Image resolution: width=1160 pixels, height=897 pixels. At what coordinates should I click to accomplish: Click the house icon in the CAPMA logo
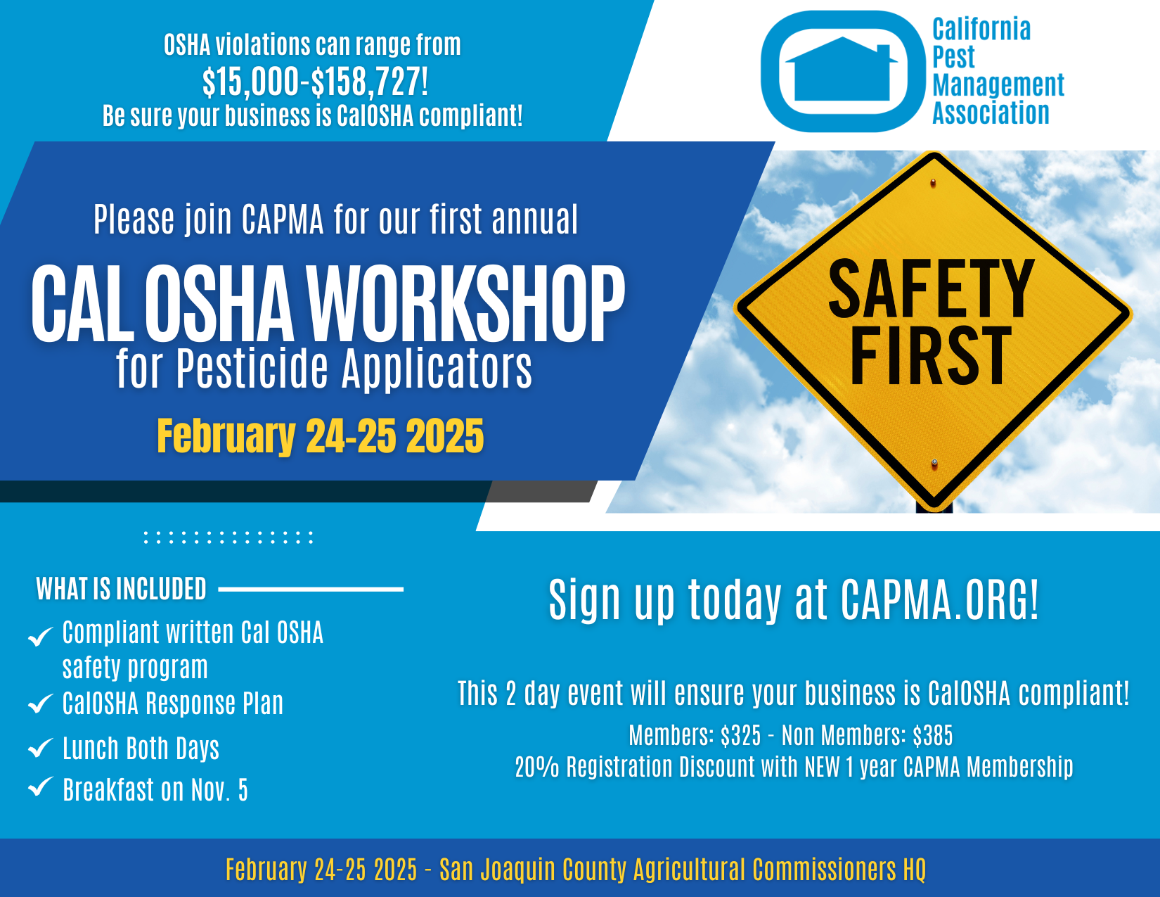pos(842,70)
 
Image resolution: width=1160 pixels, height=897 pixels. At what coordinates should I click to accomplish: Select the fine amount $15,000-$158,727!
pos(315,81)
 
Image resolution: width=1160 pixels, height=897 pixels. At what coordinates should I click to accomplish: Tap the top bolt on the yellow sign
pos(933,184)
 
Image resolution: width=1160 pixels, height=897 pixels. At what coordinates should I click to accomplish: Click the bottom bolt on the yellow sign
pos(934,463)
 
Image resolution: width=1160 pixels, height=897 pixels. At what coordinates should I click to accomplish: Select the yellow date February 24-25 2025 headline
pos(321,436)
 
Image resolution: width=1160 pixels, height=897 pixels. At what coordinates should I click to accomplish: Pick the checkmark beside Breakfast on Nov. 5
pos(41,787)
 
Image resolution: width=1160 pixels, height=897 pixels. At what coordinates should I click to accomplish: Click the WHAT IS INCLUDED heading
pos(121,589)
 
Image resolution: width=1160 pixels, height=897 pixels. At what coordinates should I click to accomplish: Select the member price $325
pos(740,736)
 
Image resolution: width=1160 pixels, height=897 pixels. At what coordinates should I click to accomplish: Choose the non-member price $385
pos(933,736)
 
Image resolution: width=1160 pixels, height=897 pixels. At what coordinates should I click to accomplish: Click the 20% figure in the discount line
pos(537,767)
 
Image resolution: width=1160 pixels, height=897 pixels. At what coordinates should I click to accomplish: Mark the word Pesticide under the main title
pos(252,369)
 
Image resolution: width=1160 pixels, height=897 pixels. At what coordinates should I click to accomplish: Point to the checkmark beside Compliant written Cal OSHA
pos(41,636)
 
